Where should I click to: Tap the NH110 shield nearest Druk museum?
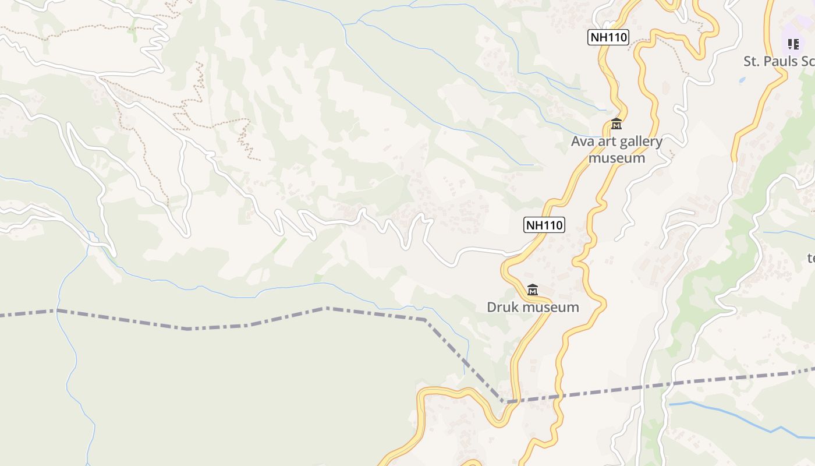tap(544, 225)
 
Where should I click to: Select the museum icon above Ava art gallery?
tap(616, 124)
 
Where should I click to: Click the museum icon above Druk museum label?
tap(532, 290)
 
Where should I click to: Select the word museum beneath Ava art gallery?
tap(616, 158)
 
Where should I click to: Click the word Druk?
tap(503, 307)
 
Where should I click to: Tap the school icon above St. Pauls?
tap(793, 44)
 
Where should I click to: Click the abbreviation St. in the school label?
tap(752, 61)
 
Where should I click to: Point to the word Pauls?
tap(781, 61)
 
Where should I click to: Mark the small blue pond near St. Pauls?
tap(742, 80)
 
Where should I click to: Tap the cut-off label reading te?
tap(810, 257)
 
